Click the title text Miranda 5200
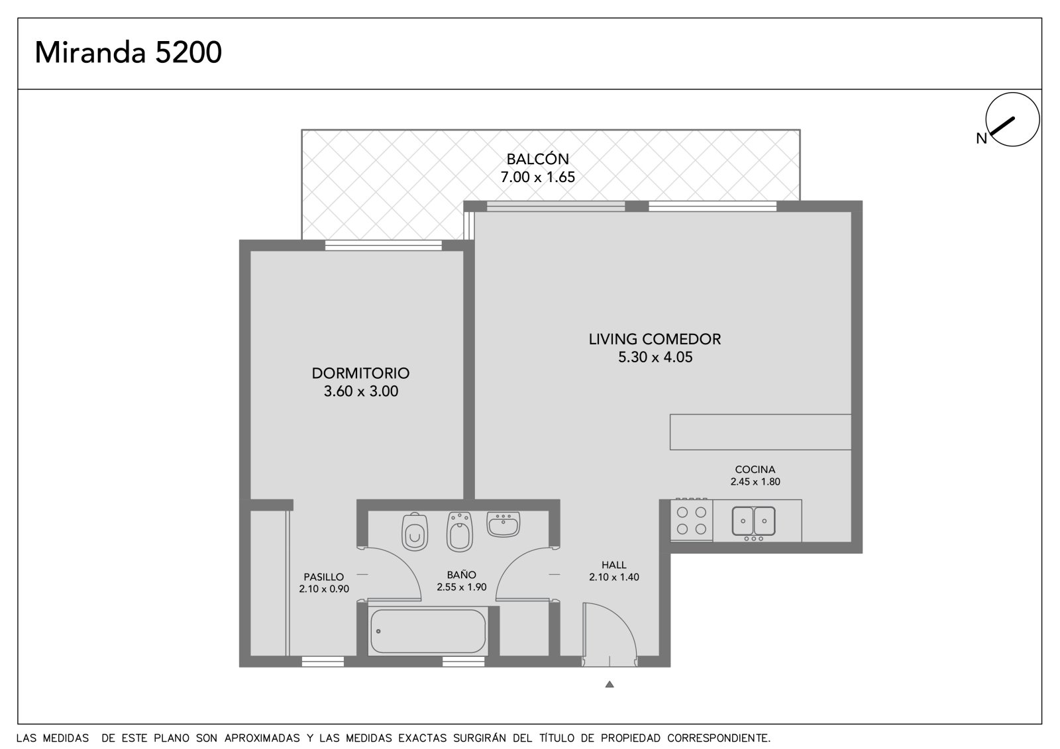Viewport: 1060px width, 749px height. (129, 52)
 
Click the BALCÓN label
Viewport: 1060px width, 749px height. (537, 158)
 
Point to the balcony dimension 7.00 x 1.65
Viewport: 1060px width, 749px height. (537, 177)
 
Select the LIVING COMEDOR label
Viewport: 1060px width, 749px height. (655, 339)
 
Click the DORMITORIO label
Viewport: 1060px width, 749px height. (360, 373)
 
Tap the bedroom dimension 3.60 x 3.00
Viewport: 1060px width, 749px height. (360, 391)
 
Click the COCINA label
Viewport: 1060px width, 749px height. (755, 470)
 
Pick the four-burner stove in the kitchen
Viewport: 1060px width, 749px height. (692, 520)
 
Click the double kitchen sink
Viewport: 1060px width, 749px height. (753, 521)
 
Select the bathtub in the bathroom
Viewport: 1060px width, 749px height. (428, 631)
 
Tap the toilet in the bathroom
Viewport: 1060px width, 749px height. (415, 531)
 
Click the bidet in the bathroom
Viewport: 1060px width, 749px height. (460, 531)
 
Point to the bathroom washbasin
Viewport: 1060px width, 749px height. (503, 524)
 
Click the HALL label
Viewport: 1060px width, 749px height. (613, 564)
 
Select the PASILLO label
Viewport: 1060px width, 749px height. (324, 577)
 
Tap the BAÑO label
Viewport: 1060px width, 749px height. (461, 574)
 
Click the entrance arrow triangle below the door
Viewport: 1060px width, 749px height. (609, 684)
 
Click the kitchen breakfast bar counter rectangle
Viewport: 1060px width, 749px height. (761, 432)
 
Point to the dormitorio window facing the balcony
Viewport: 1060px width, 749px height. (384, 245)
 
